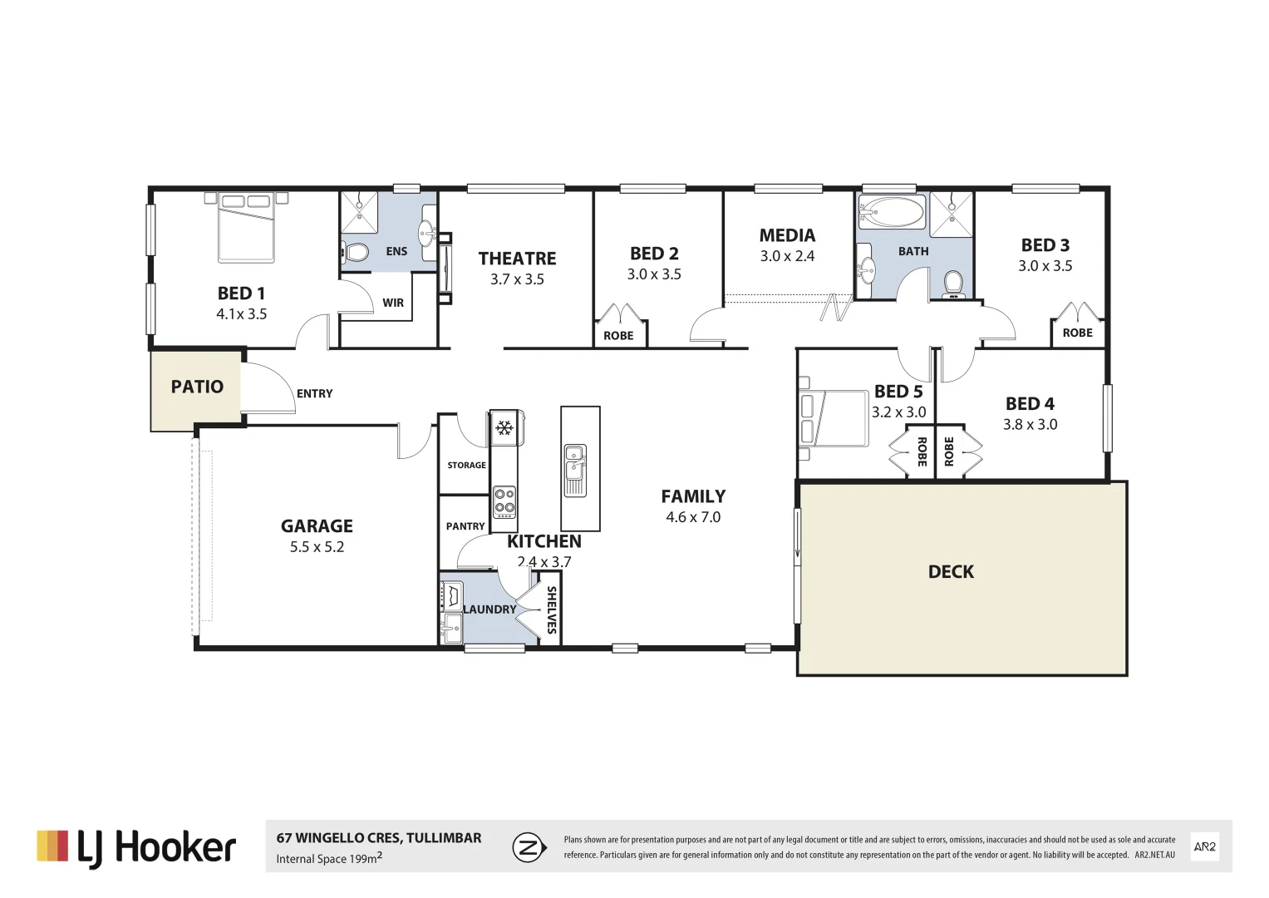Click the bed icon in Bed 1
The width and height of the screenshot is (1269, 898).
tap(246, 227)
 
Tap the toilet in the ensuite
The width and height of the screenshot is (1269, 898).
tap(357, 252)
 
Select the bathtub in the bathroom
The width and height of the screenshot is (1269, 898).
tap(892, 212)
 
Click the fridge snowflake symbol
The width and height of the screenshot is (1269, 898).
tap(503, 428)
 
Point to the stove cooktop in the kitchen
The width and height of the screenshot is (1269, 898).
tap(504, 503)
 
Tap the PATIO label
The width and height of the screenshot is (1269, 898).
tap(197, 387)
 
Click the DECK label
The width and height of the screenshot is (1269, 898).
tap(951, 572)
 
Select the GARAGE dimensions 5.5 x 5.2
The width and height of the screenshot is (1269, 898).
tap(317, 547)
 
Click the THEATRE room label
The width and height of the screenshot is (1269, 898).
tap(517, 259)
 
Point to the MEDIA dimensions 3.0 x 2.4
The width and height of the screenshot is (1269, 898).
tap(787, 256)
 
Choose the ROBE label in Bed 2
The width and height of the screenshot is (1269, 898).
tap(618, 336)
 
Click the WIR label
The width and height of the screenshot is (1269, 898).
tap(393, 303)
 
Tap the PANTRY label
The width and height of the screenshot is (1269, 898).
tap(465, 526)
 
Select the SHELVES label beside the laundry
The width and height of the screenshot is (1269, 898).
tap(550, 610)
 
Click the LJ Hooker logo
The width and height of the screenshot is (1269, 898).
tap(136, 847)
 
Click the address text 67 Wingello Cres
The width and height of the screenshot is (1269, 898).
tap(378, 838)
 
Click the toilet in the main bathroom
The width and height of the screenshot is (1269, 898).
tap(953, 284)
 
